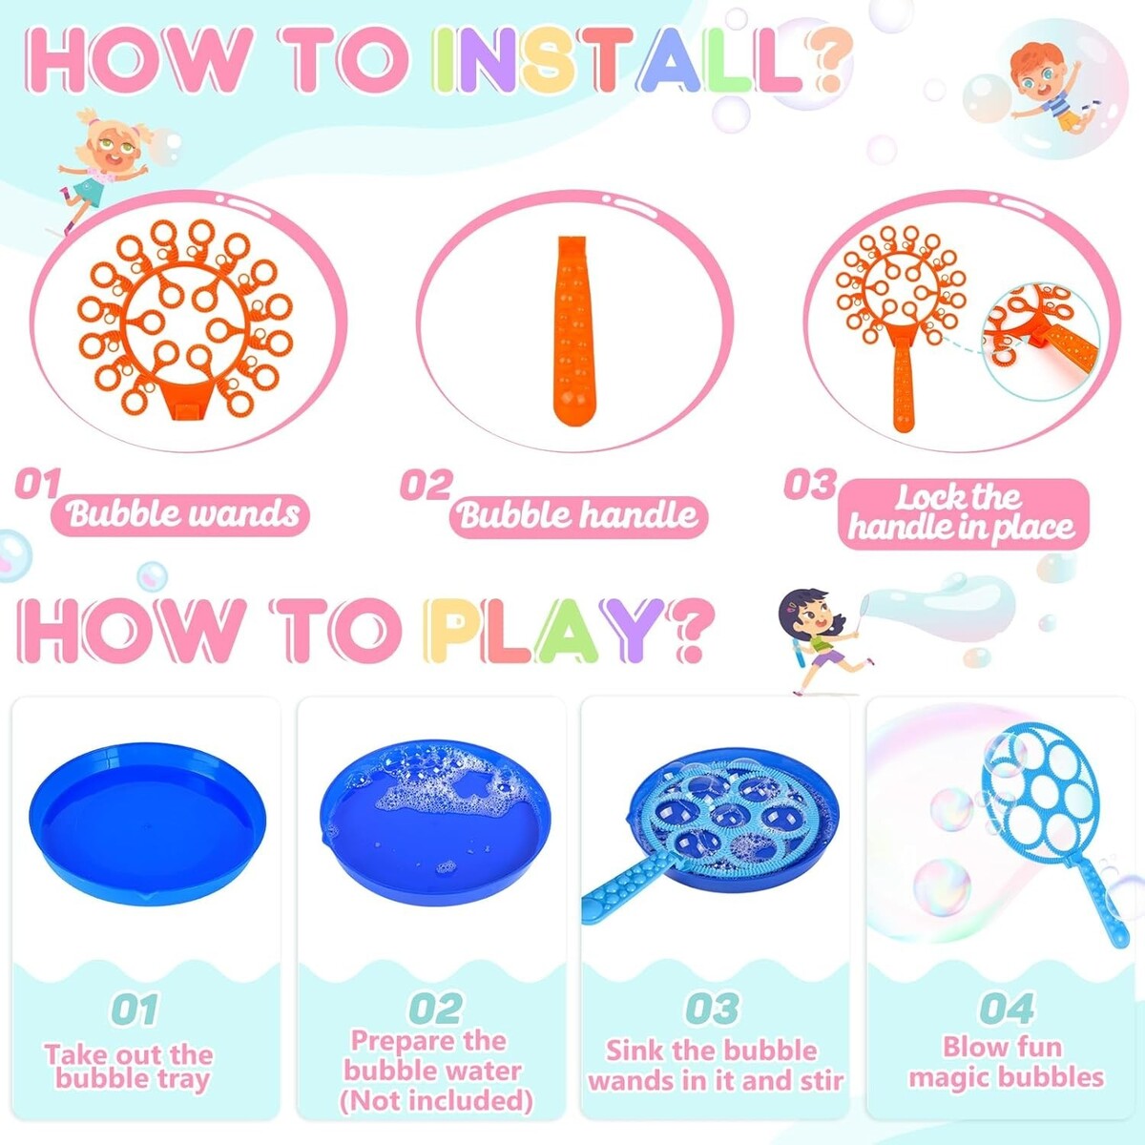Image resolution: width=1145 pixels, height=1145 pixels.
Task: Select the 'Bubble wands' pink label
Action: coord(181,514)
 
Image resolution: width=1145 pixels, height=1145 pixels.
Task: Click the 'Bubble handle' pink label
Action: coord(577,514)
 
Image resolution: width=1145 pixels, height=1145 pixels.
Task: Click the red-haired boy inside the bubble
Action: coord(1051,89)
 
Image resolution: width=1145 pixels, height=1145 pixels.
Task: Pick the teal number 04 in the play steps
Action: coord(1007,1009)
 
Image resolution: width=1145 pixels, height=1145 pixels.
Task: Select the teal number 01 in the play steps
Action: coord(135,1009)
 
